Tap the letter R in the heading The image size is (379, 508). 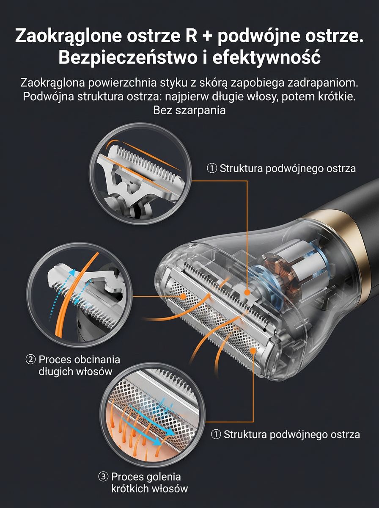pos(191,35)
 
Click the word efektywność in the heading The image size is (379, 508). pos(266,58)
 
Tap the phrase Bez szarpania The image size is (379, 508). pos(189,110)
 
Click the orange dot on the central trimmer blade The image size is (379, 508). pos(247,293)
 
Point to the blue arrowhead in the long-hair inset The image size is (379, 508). pos(73,272)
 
